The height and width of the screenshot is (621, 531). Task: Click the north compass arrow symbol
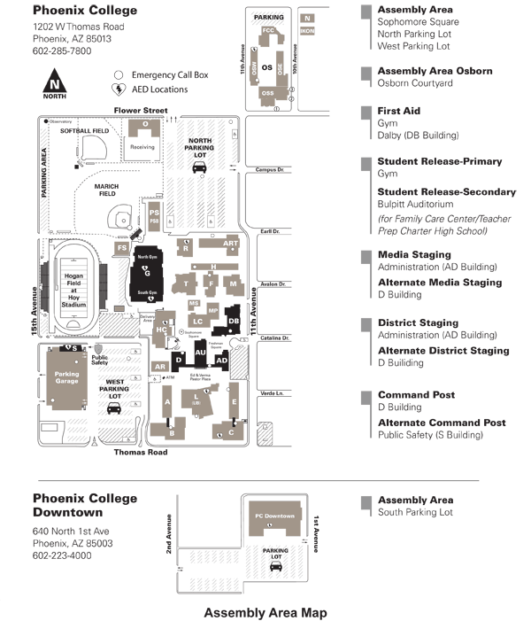click(55, 85)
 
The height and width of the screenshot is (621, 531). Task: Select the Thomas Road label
click(140, 452)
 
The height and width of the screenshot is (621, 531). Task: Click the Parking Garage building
click(67, 377)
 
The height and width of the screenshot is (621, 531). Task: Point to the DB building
click(234, 321)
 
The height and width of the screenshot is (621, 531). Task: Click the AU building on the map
click(200, 353)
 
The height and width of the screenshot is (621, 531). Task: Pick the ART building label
click(231, 244)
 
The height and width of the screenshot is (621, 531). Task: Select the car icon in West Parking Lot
click(113, 409)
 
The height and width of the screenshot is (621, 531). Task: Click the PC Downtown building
click(273, 519)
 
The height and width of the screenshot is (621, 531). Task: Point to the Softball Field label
click(84, 131)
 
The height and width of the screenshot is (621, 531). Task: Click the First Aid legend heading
click(398, 111)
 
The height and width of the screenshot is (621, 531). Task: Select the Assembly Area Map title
click(265, 612)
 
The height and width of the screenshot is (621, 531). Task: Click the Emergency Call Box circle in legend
click(118, 75)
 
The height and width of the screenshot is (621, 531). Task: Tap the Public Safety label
click(100, 360)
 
